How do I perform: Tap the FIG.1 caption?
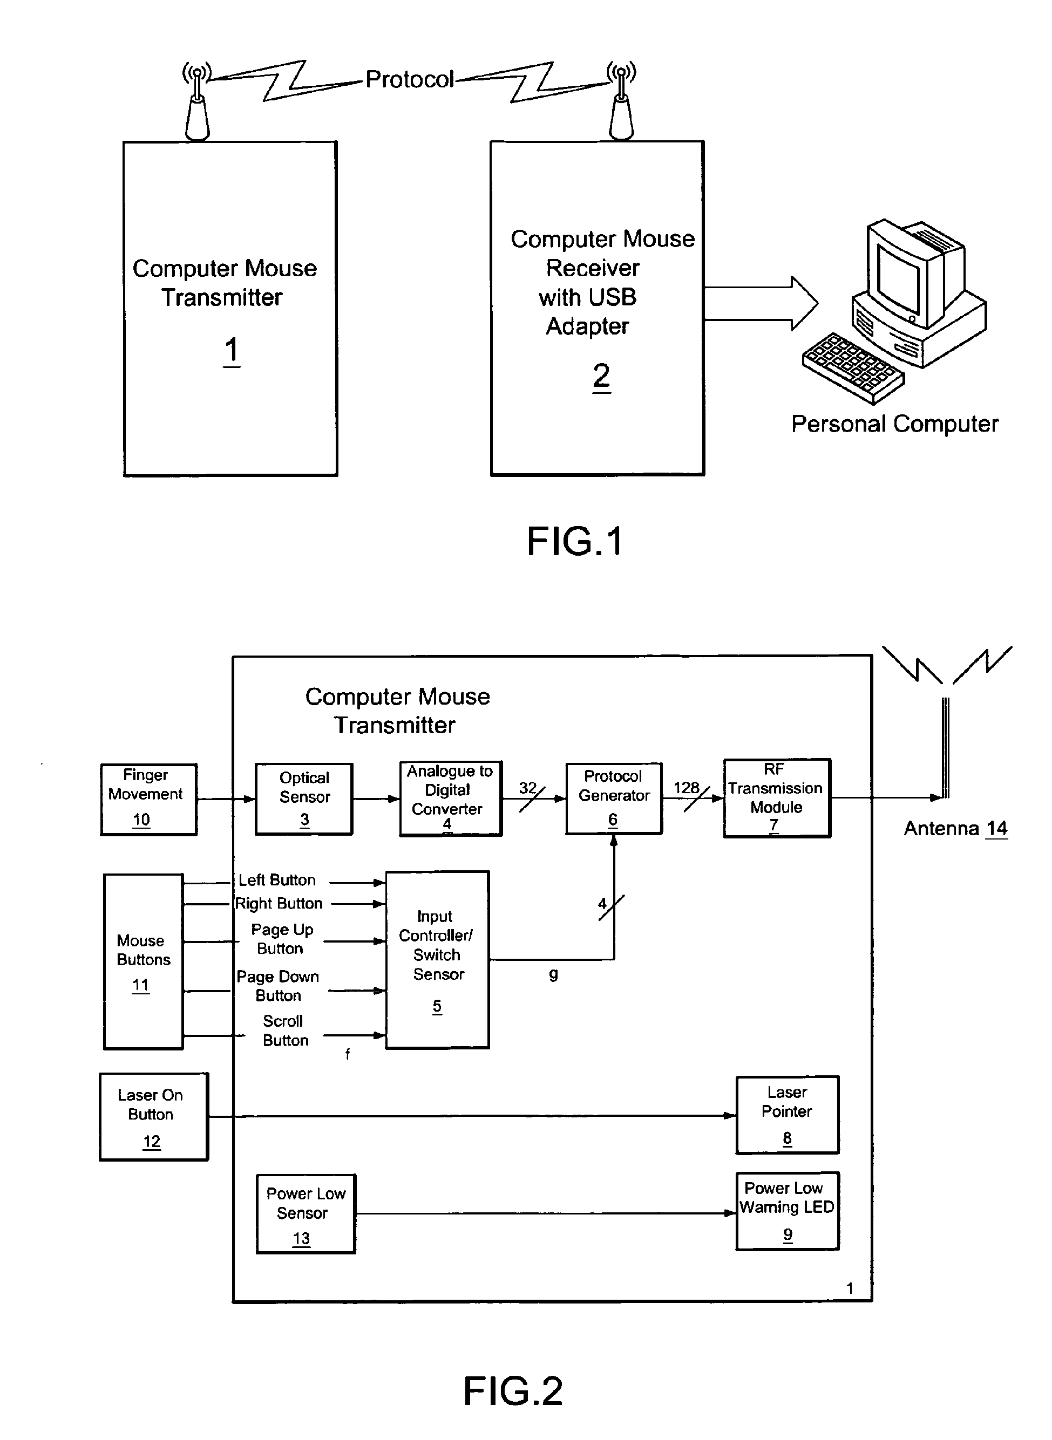574,542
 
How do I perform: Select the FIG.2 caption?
513,1390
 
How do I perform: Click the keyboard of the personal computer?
852,368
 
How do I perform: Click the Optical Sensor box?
304,799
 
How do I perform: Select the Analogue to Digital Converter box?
450,799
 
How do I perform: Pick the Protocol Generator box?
613,797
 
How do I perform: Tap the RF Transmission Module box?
776,797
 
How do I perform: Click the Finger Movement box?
148,799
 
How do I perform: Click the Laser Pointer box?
787,1115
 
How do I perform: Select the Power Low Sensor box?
306,1213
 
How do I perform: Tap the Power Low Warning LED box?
787,1211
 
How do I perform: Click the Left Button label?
277,881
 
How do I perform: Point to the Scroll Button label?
284,1030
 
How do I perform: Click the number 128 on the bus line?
686,788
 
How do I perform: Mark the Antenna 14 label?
955,828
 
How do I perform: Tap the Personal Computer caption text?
894,424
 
